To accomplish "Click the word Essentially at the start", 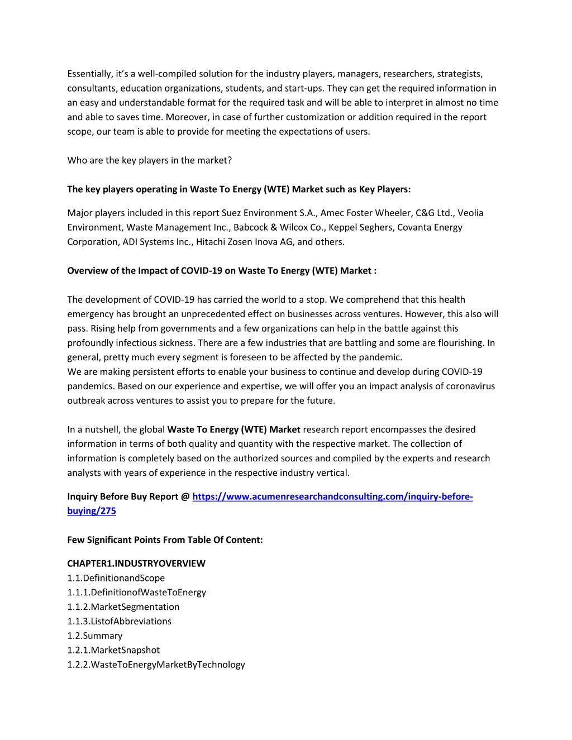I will [89, 74].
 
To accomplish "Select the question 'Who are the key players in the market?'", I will [149, 160].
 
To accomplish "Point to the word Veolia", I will [470, 213].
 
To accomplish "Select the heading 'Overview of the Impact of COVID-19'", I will [222, 271].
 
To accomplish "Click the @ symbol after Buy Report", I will [185, 496].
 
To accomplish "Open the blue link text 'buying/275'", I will [92, 511].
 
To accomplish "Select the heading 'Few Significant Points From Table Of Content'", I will [165, 540].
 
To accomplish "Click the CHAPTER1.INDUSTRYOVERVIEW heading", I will [136, 564].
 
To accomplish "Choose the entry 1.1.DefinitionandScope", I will [116, 578].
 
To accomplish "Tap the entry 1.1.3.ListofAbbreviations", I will [120, 621].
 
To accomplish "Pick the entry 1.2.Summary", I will [95, 636].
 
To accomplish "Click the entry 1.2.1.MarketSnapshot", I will [113, 650].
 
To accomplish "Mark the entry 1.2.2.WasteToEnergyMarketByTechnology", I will [156, 665].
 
